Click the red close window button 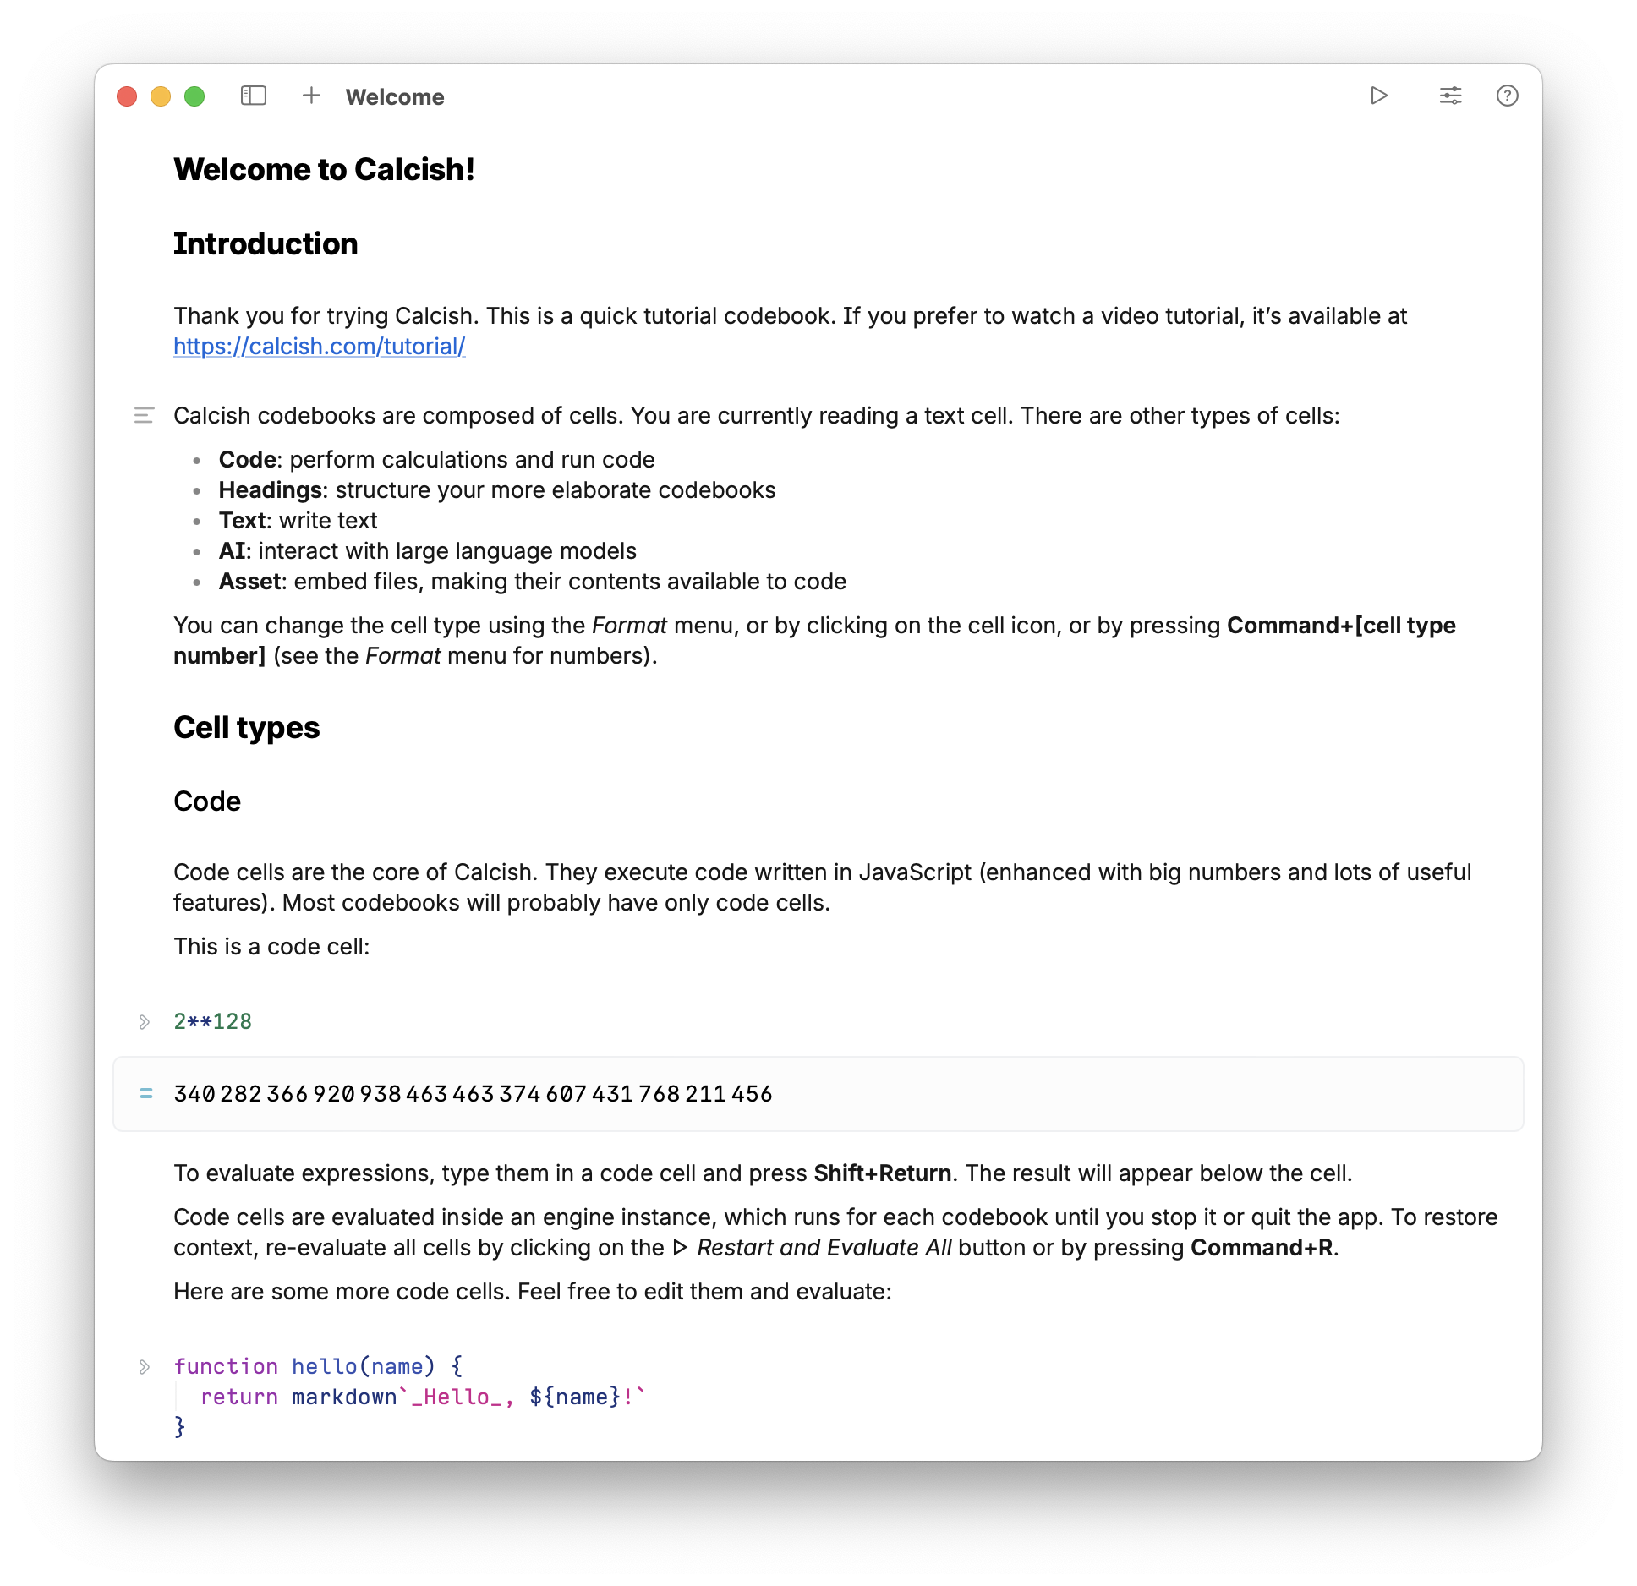click(127, 96)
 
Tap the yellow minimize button click(161, 96)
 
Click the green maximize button click(194, 96)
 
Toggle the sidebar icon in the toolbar click(254, 96)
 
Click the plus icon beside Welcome click(311, 96)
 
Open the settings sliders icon click(1450, 96)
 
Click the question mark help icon click(1507, 96)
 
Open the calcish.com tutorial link click(319, 347)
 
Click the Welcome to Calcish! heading click(324, 170)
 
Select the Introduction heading click(266, 244)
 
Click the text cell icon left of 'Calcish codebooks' click(144, 415)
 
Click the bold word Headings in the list click(270, 490)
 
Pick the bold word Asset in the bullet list click(249, 582)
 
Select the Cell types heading click(246, 728)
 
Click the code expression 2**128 click(212, 1021)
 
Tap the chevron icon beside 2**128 click(145, 1022)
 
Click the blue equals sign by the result click(146, 1094)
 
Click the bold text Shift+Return click(882, 1173)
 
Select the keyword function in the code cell click(226, 1366)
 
